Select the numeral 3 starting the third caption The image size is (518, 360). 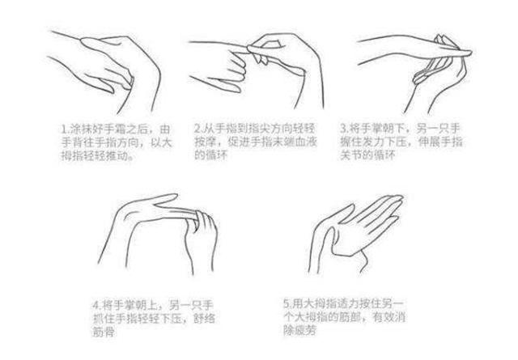point(343,128)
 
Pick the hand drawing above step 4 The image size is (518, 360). point(162,235)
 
